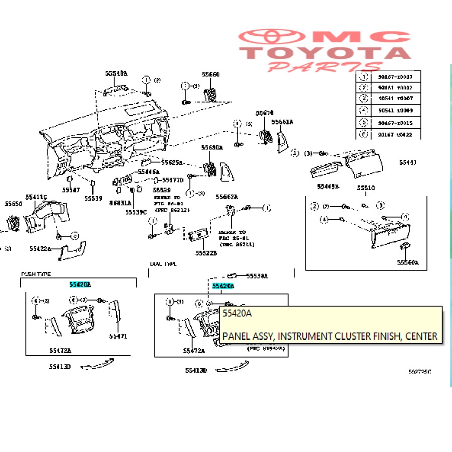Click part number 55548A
pos(116,73)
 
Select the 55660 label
pos(211,74)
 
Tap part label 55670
pos(264,114)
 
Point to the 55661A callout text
pos(282,122)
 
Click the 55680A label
pos(212,148)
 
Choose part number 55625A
pos(172,163)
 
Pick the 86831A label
pos(121,203)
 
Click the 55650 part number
pos(14,204)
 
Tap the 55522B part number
pos(206,253)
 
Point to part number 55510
pos(366,188)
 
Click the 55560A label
pos(407,262)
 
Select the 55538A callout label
pos(257,276)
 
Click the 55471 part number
pos(119,335)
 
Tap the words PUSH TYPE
pos(36,274)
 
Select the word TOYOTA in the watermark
pos(325,53)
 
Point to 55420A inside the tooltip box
pos(237,313)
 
